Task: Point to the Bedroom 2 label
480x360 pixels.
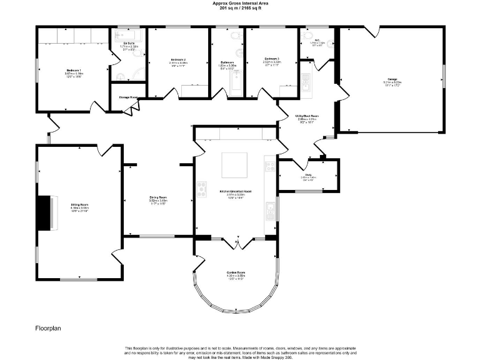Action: (x=177, y=61)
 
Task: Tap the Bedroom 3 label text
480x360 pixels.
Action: (x=271, y=61)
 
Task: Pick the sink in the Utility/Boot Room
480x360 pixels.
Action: (x=306, y=81)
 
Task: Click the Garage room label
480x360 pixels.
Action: (x=392, y=80)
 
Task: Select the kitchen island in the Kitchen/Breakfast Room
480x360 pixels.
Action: (x=235, y=166)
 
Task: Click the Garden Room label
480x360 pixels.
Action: (x=236, y=273)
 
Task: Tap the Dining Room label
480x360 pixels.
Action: (x=157, y=199)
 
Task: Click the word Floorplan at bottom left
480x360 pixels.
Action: (x=47, y=327)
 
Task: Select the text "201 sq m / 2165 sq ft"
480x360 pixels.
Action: (x=240, y=8)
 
